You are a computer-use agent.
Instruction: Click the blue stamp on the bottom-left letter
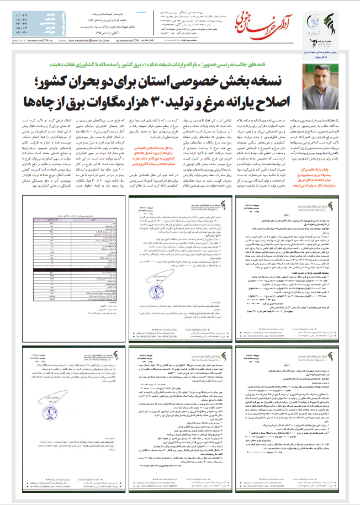pos(55,424)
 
